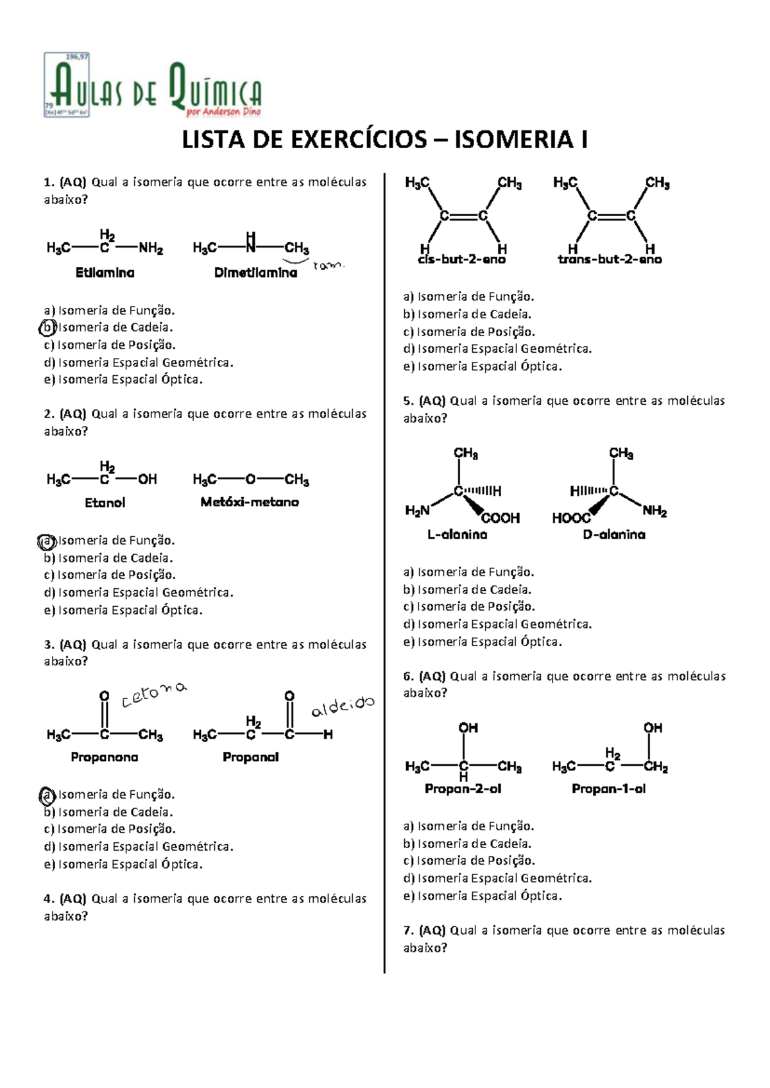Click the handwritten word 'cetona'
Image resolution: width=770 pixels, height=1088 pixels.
pyautogui.click(x=154, y=695)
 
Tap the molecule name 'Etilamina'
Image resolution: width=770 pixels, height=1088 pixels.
pyautogui.click(x=105, y=273)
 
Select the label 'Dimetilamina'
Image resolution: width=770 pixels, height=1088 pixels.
pyautogui.click(x=255, y=273)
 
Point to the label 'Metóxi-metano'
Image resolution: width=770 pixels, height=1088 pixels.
pyautogui.click(x=250, y=502)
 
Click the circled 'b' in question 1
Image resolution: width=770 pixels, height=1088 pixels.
pyautogui.click(x=47, y=327)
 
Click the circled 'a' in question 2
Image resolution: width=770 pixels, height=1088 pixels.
pyautogui.click(x=47, y=541)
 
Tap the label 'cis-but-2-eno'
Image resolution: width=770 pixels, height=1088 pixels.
pyautogui.click(x=461, y=259)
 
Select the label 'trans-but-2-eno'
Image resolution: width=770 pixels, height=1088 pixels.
pyautogui.click(x=610, y=259)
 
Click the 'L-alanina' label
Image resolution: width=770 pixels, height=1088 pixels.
pyautogui.click(x=457, y=535)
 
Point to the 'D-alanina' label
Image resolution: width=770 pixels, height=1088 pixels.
pyautogui.click(x=614, y=535)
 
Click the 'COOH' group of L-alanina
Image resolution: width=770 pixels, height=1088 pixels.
pyautogui.click(x=501, y=518)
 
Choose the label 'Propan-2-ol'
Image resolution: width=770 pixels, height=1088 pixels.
pyautogui.click(x=463, y=789)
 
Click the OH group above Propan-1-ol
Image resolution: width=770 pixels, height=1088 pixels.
pyautogui.click(x=653, y=727)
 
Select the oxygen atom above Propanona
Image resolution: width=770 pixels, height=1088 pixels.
pyautogui.click(x=104, y=696)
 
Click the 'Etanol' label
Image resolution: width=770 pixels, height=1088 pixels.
pyautogui.click(x=105, y=502)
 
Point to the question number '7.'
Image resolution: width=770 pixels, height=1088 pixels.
pyautogui.click(x=409, y=930)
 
